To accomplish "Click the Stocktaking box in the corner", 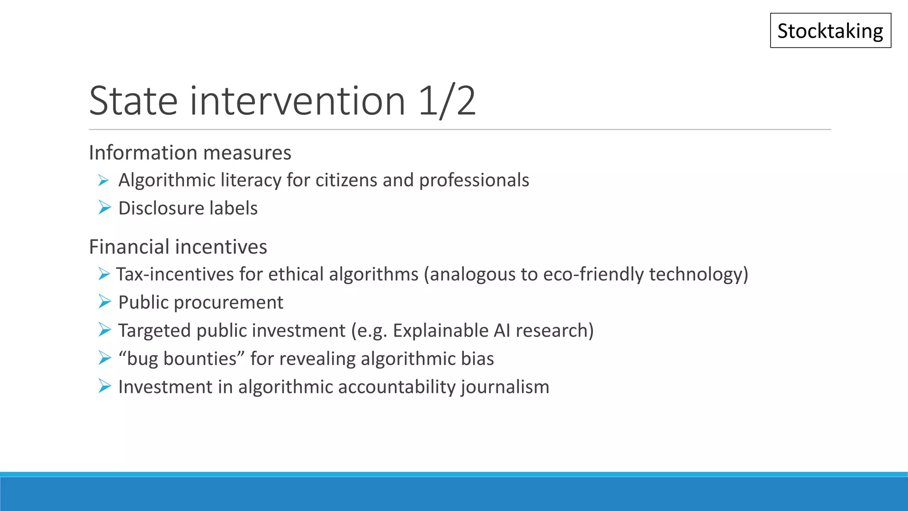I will (x=830, y=31).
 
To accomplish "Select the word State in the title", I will (x=133, y=101).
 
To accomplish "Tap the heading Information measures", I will (x=190, y=153).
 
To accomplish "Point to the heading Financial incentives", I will (x=178, y=247).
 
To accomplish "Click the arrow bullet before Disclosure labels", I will (x=104, y=208).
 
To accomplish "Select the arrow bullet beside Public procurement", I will (x=104, y=302).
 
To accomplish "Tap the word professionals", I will (x=474, y=180).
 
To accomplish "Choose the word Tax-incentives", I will (x=175, y=274).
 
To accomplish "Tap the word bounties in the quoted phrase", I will (x=200, y=358).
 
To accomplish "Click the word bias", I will (x=477, y=358).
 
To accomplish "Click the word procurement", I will (x=228, y=303).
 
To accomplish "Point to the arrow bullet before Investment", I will (x=104, y=386).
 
